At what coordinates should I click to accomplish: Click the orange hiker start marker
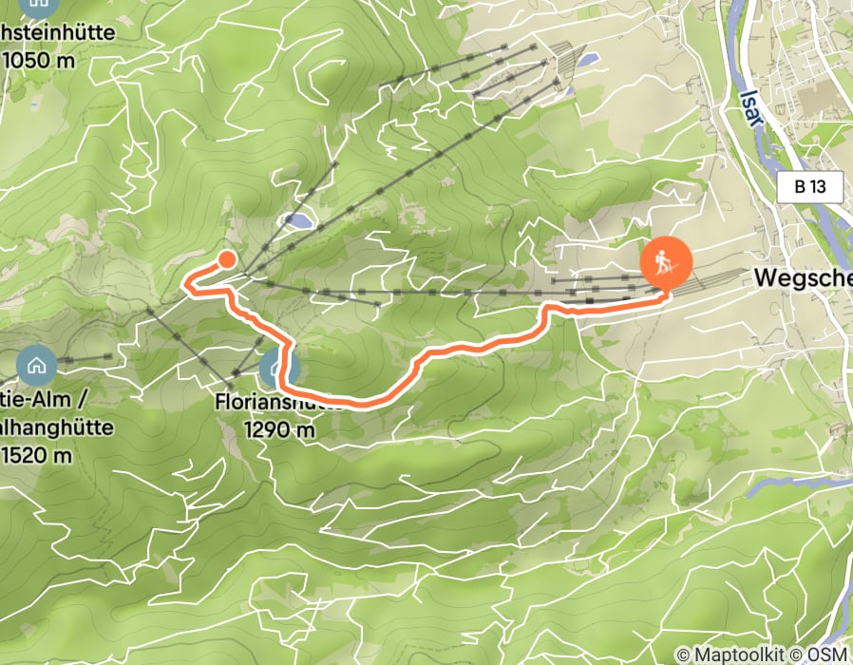click(666, 263)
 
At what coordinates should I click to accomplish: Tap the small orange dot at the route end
click(227, 258)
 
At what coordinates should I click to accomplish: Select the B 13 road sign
click(809, 187)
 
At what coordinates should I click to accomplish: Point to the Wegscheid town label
click(802, 277)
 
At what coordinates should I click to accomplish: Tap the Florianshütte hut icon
click(279, 367)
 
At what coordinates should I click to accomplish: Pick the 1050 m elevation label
click(40, 59)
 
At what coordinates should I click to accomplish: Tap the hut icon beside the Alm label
click(37, 363)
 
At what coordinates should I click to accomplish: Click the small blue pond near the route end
click(296, 220)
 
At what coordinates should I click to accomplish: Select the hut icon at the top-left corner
click(38, 5)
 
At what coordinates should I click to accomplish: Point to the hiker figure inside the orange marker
click(666, 260)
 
